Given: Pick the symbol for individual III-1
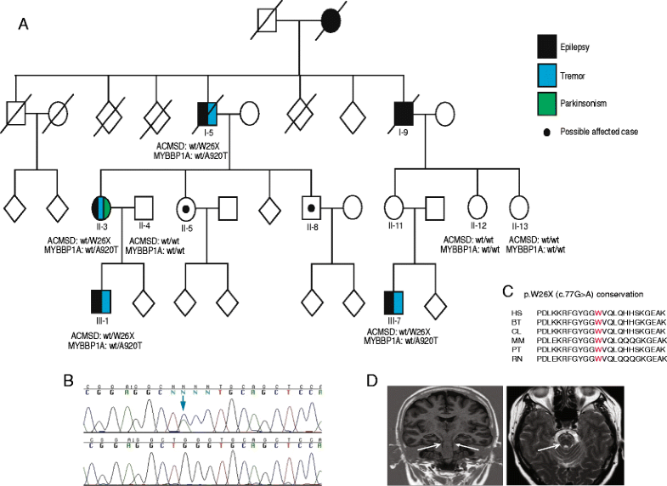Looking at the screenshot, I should point(102,301).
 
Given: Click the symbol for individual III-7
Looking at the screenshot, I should point(394,301).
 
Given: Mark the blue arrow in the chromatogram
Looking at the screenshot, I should point(183,410).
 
